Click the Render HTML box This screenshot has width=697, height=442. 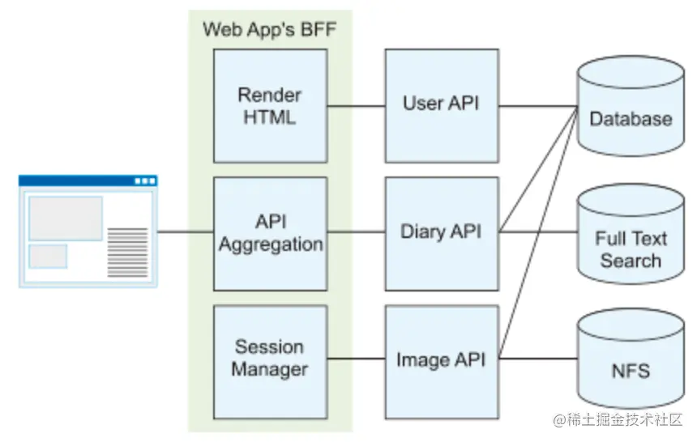(x=270, y=105)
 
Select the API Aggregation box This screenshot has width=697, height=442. (x=270, y=233)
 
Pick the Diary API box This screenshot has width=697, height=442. (x=441, y=233)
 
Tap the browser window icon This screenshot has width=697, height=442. (x=88, y=231)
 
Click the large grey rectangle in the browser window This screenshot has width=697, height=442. (x=66, y=218)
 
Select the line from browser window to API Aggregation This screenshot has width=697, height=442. (x=185, y=233)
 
